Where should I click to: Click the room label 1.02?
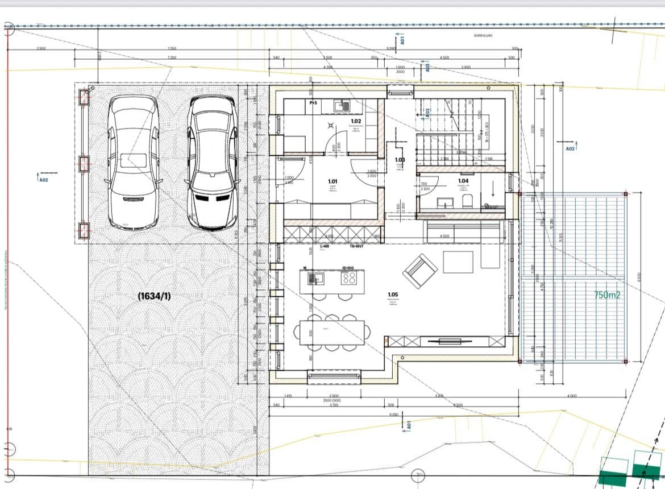click(356, 121)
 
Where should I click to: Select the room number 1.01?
click(333, 182)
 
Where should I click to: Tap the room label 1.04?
click(463, 181)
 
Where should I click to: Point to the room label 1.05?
click(393, 295)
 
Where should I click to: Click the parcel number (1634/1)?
click(154, 296)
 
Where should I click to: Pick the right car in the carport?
click(212, 162)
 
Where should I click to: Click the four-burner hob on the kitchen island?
click(348, 277)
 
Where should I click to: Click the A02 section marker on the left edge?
click(43, 179)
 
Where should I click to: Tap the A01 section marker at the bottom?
click(407, 424)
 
